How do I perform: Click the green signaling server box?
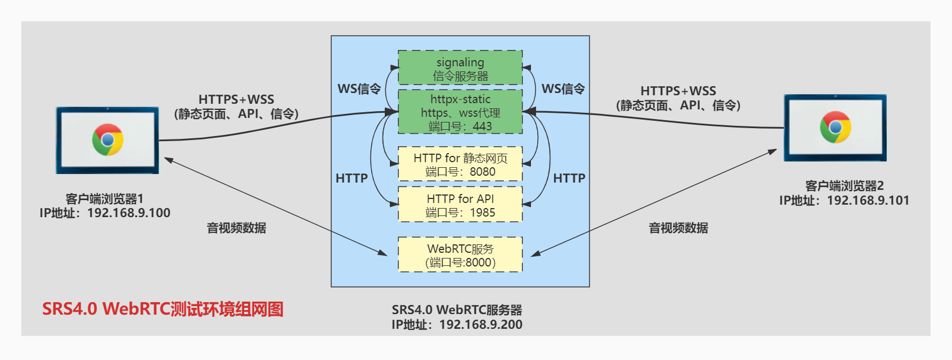tap(460, 68)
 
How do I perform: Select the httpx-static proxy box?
tap(460, 111)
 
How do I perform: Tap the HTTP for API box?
tap(460, 205)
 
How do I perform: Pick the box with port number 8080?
tap(460, 164)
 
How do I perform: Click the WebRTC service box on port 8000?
tap(460, 255)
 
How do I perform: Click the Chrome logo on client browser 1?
tap(108, 139)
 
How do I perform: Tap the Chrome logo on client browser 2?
tap(835, 127)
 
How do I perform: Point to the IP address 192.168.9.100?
tap(129, 213)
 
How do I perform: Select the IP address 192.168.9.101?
tap(868, 201)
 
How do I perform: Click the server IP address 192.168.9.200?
tap(481, 325)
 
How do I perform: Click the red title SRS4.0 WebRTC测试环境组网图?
tap(163, 309)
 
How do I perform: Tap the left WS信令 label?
tap(359, 89)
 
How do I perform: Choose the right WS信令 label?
tap(563, 89)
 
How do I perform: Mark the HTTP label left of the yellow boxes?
tap(351, 179)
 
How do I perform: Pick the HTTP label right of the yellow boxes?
tap(569, 179)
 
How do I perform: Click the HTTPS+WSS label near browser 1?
tap(236, 100)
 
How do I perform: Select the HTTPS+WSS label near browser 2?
tap(678, 91)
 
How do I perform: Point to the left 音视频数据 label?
tap(236, 228)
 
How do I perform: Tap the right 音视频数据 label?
tap(678, 228)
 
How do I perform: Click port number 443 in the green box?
tap(482, 126)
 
